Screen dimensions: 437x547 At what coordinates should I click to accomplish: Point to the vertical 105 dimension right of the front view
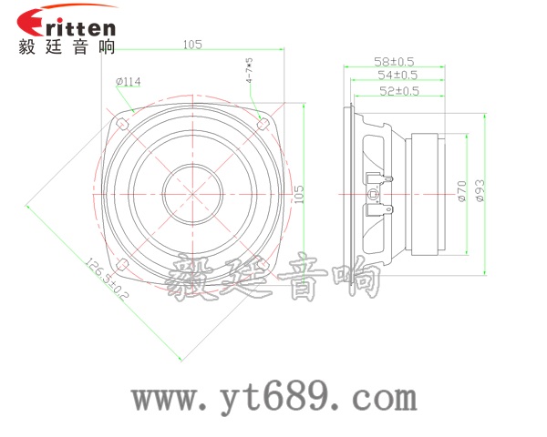pyautogui.click(x=298, y=193)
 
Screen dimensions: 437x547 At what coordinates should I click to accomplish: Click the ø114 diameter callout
pyautogui.click(x=129, y=82)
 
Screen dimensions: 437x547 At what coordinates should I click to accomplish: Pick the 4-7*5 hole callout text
pyautogui.click(x=249, y=71)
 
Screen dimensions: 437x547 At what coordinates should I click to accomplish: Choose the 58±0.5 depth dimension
pyautogui.click(x=395, y=61)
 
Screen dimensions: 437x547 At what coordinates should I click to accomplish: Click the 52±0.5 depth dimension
pyautogui.click(x=398, y=90)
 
